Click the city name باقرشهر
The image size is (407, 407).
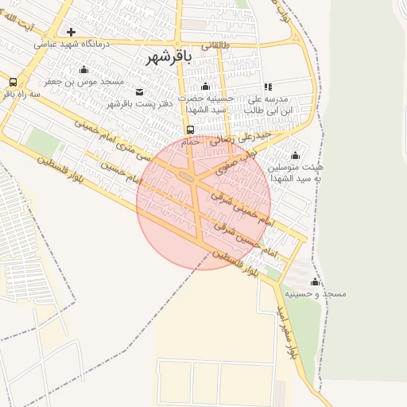pyautogui.click(x=169, y=57)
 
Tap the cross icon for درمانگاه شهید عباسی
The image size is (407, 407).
pyautogui.click(x=72, y=33)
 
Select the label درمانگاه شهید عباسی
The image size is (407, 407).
pyautogui.click(x=72, y=45)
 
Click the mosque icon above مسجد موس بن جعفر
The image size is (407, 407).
pyautogui.click(x=84, y=70)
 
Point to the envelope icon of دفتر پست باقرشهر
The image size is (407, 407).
pyautogui.click(x=140, y=92)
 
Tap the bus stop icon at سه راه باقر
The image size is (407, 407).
pyautogui.click(x=13, y=82)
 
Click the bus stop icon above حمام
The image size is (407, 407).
pyautogui.click(x=190, y=130)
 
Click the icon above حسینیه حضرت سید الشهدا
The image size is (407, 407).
pyautogui.click(x=206, y=87)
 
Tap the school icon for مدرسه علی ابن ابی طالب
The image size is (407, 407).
pyautogui.click(x=268, y=87)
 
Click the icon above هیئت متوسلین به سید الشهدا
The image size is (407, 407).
pyautogui.click(x=296, y=155)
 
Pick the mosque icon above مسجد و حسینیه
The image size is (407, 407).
pyautogui.click(x=315, y=281)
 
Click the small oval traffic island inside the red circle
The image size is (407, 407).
pyautogui.click(x=188, y=176)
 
